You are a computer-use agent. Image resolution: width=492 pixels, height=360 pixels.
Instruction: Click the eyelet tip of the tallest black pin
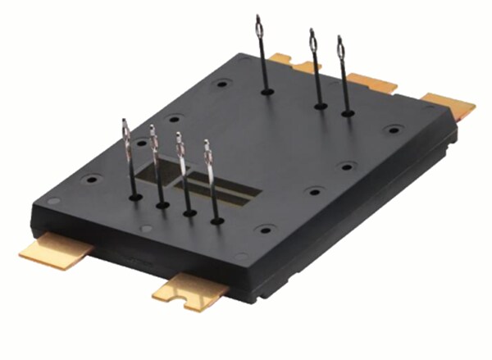click(x=259, y=25)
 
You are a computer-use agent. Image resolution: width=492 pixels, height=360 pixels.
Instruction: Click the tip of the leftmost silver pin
click(x=125, y=131)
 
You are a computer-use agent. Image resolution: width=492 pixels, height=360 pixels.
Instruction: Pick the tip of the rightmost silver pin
click(x=207, y=152)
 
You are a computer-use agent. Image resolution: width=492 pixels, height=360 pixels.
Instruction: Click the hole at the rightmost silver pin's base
click(x=216, y=220)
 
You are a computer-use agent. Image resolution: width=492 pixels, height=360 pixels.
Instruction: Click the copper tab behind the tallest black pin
click(x=282, y=59)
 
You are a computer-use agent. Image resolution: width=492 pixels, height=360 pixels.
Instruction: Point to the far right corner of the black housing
click(x=455, y=123)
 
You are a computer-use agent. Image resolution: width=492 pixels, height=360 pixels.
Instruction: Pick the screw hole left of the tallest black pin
click(x=222, y=83)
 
